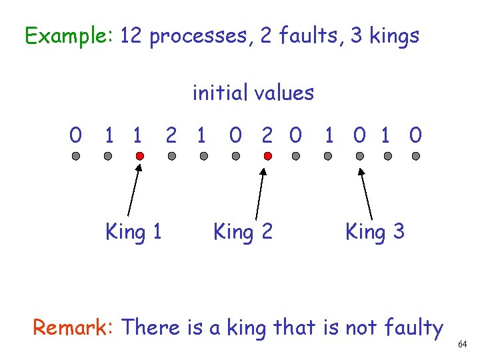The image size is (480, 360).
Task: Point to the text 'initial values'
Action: (253, 93)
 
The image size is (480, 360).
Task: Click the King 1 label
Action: (133, 232)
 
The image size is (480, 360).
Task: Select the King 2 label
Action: (243, 232)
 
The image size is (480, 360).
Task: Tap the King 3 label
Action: (375, 232)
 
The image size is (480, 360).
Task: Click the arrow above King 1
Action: (133, 193)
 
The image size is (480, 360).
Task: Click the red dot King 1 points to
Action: (139, 156)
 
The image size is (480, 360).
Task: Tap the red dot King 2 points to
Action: (267, 156)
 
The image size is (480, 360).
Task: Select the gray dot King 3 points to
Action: (360, 156)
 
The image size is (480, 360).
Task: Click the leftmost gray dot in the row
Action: (76, 156)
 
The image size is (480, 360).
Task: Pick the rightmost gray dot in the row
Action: (416, 156)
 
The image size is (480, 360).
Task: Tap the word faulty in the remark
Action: (414, 328)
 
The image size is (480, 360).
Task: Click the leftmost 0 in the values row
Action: (76, 136)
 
